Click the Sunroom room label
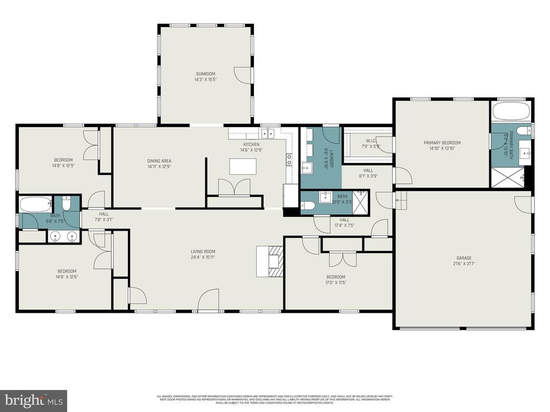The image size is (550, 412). click(x=205, y=76)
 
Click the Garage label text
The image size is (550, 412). click(x=463, y=261)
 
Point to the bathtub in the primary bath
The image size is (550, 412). click(x=511, y=112)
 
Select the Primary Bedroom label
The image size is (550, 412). click(x=442, y=145)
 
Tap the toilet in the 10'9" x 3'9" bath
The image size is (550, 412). click(x=308, y=205)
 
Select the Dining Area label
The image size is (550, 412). click(x=159, y=164)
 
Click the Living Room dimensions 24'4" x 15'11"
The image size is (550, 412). click(x=203, y=257)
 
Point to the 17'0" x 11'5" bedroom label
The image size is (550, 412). click(x=335, y=279)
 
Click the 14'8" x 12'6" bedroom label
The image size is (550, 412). click(x=67, y=274)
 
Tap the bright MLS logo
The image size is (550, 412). click(x=33, y=400)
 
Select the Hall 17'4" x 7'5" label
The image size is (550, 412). click(x=344, y=222)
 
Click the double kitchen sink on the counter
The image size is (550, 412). click(x=267, y=132)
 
